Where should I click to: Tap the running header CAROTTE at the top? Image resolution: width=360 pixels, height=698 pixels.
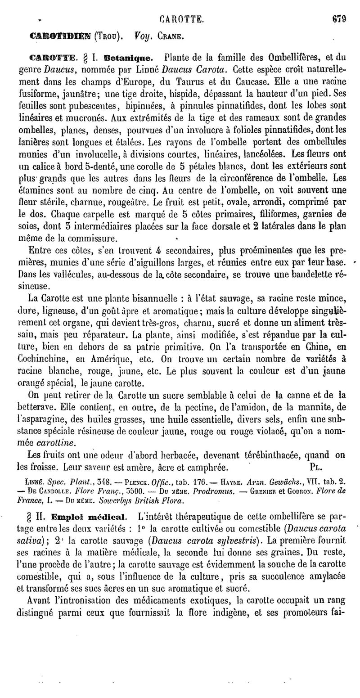click(x=182, y=19)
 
